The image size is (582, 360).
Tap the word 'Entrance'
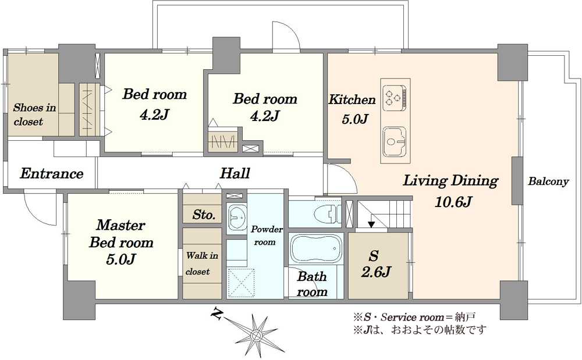pyautogui.click(x=51, y=173)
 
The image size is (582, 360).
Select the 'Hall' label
pyautogui.click(x=235, y=173)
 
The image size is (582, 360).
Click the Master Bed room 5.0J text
pyautogui.click(x=120, y=242)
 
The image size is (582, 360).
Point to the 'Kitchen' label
pyautogui.click(x=352, y=100)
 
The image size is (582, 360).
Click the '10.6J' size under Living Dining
pyautogui.click(x=453, y=202)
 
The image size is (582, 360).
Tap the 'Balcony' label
pyautogui.click(x=548, y=181)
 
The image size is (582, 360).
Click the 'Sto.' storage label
pyautogui.click(x=204, y=215)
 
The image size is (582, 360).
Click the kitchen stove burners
pyautogui.click(x=394, y=95)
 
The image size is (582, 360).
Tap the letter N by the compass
pyautogui.click(x=217, y=315)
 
